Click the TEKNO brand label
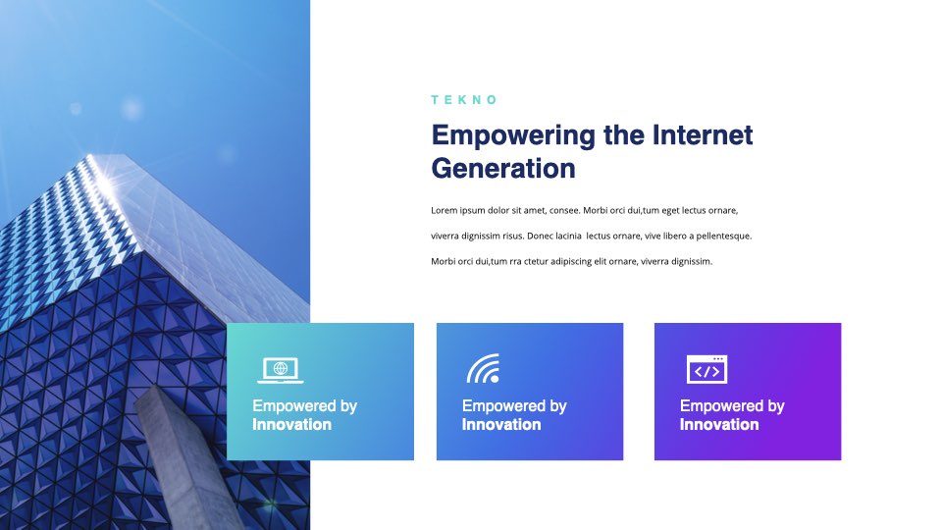464,100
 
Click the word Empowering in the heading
513,136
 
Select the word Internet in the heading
703,134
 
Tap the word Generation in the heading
503,168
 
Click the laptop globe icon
280,370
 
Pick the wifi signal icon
483,368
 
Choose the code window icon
706,369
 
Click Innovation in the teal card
292,424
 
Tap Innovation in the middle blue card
501,424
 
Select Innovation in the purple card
719,424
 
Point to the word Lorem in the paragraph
444,210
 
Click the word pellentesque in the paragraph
724,237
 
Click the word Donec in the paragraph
540,236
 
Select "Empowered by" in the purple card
732,406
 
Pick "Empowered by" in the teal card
304,406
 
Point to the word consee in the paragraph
565,210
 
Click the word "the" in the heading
624,135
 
